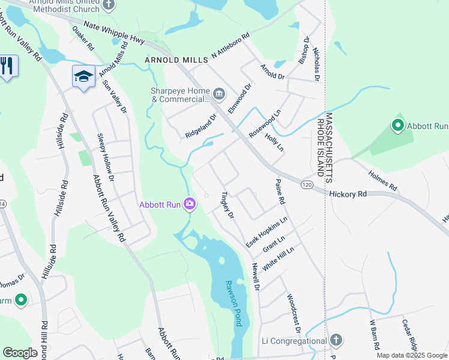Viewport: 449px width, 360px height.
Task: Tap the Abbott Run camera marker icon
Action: pos(190,205)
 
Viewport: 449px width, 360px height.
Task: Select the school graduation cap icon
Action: pos(83,76)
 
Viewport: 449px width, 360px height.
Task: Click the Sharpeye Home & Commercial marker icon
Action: pos(219,93)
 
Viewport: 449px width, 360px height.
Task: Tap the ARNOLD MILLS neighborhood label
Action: pos(176,60)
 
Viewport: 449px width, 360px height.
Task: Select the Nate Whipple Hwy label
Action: pos(115,34)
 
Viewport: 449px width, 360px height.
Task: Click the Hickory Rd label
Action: pos(348,194)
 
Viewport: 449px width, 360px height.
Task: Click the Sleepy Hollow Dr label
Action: pos(105,154)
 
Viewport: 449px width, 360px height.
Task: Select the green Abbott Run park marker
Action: pos(397,126)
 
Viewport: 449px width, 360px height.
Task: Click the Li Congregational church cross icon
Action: pos(336,340)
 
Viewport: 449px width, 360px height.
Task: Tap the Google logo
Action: pos(20,353)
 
